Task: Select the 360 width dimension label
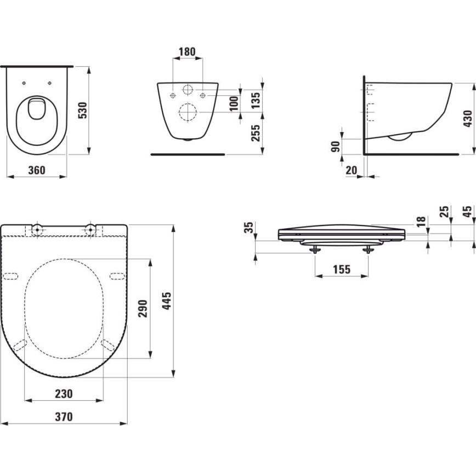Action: coord(36,171)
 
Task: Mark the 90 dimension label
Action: coord(335,146)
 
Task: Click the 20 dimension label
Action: coord(352,171)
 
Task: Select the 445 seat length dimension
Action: coord(167,302)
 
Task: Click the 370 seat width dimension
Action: coord(64,417)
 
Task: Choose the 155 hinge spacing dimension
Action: coord(341,270)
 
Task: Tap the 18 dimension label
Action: coord(421,222)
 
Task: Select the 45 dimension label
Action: coord(467,212)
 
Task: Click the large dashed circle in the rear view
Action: coord(188,112)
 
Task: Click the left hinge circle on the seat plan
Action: coord(37,229)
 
